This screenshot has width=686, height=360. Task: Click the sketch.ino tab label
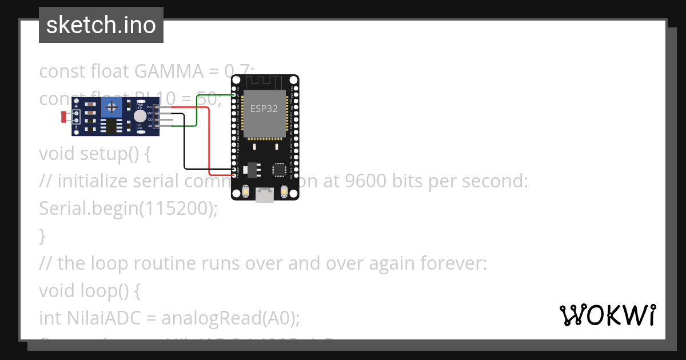[x=101, y=25]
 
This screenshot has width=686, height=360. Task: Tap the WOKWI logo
[x=607, y=315]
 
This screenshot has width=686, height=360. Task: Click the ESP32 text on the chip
[x=264, y=109]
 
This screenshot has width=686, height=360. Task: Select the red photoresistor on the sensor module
[x=64, y=117]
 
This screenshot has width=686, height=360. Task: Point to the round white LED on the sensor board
[x=139, y=117]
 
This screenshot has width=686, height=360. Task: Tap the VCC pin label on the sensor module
[x=149, y=107]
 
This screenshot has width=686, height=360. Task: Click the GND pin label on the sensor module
[x=149, y=113]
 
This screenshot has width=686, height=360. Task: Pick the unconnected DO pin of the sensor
[x=166, y=119]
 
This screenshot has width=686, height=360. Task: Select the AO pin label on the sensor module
[x=150, y=125]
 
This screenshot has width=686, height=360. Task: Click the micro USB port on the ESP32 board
[x=264, y=195]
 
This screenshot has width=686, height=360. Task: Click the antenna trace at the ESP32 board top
[x=264, y=82]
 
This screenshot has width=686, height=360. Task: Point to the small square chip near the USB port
[x=280, y=170]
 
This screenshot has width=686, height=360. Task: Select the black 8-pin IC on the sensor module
[x=110, y=125]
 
